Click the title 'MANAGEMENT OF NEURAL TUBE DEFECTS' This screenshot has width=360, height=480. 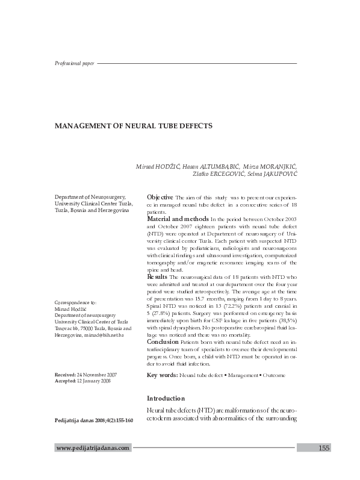(x=134, y=127)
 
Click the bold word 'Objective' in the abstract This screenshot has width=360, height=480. (x=160, y=198)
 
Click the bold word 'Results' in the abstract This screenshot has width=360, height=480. (x=157, y=276)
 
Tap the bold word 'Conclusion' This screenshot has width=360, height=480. (x=163, y=341)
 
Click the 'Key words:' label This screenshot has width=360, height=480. (x=162, y=375)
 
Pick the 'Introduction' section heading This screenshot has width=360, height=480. (x=167, y=399)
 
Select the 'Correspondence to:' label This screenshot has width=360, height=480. (x=75, y=302)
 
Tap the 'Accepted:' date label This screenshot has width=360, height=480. (x=66, y=381)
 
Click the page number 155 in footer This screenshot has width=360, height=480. (x=323, y=448)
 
